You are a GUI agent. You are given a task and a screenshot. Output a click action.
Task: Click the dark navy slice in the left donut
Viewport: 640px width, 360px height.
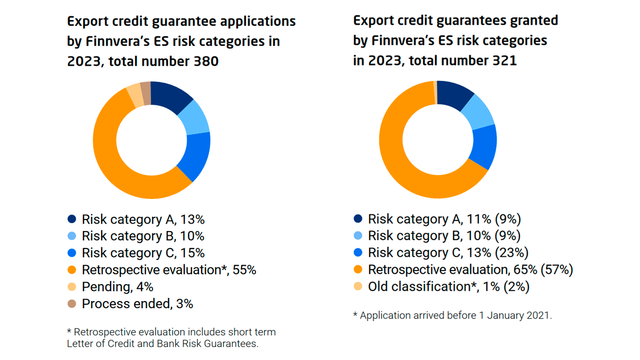click(x=171, y=96)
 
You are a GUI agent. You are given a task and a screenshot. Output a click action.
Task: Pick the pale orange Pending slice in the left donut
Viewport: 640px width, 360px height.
click(x=135, y=95)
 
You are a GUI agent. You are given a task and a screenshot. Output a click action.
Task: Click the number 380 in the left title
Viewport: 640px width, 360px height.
click(x=205, y=61)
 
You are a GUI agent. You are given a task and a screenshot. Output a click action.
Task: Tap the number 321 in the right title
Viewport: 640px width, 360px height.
click(x=503, y=61)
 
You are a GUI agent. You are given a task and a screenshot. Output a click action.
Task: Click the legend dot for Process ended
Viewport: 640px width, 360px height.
click(x=72, y=304)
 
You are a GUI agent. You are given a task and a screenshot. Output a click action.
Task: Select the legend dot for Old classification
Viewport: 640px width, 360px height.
click(x=358, y=287)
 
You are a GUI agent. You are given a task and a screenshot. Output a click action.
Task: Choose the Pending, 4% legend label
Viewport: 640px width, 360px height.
click(x=117, y=287)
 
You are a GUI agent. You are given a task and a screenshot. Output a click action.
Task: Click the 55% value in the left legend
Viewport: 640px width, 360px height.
click(x=245, y=270)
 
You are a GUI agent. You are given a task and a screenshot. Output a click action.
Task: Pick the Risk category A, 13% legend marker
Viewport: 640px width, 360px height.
click(x=72, y=219)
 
